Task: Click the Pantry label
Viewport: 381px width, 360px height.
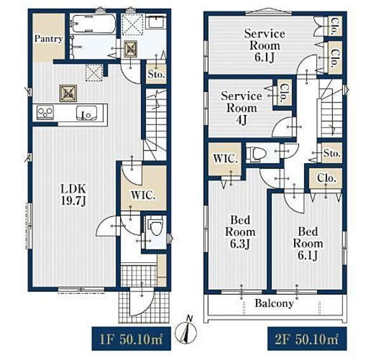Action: pyautogui.click(x=48, y=39)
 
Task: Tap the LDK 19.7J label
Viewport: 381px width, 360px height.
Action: pyautogui.click(x=73, y=195)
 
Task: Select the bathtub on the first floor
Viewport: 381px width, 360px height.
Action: pyautogui.click(x=94, y=23)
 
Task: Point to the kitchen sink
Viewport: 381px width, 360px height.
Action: pyautogui.click(x=86, y=113)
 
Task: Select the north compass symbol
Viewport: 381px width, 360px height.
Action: pyautogui.click(x=186, y=331)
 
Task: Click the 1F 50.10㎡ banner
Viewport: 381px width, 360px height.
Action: pyautogui.click(x=131, y=339)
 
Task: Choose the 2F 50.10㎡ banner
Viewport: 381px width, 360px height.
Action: pyautogui.click(x=307, y=339)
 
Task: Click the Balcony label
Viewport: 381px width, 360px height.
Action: pyautogui.click(x=274, y=303)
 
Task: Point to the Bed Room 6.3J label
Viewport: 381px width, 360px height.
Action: pyautogui.click(x=240, y=232)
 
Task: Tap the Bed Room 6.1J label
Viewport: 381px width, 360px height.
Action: pyautogui.click(x=308, y=244)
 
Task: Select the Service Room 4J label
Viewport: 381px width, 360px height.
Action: pyautogui.click(x=241, y=108)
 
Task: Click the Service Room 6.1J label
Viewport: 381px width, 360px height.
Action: pyautogui.click(x=265, y=46)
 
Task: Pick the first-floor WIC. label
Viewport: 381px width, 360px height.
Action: pyautogui.click(x=143, y=196)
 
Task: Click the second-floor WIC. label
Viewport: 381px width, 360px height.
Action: pyautogui.click(x=225, y=159)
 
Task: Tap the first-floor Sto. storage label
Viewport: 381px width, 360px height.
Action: pyautogui.click(x=156, y=74)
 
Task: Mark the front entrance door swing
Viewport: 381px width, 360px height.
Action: pyautogui.click(x=141, y=302)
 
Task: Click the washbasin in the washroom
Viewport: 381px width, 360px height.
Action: pyautogui.click(x=157, y=22)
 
